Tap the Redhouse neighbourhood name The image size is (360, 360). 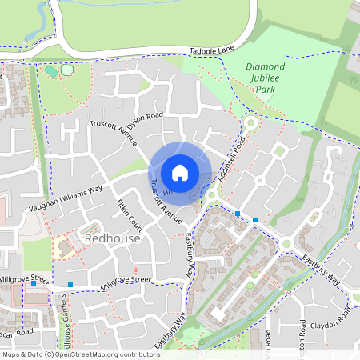[x=112, y=239]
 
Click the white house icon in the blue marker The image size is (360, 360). [x=180, y=172]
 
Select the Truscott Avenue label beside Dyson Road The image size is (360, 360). [x=114, y=136]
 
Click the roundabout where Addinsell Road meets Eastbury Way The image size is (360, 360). [x=212, y=194]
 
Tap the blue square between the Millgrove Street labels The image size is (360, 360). [x=70, y=284]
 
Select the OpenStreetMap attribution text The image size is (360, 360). [x=81, y=354]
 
